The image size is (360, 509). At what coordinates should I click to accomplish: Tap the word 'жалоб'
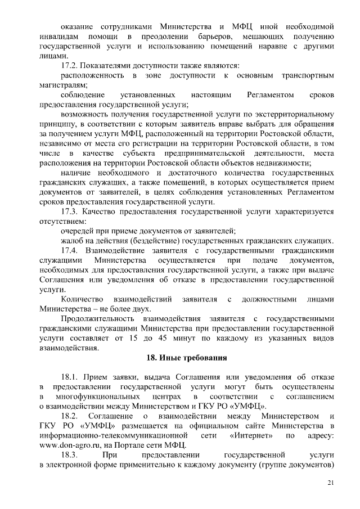(71, 240)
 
